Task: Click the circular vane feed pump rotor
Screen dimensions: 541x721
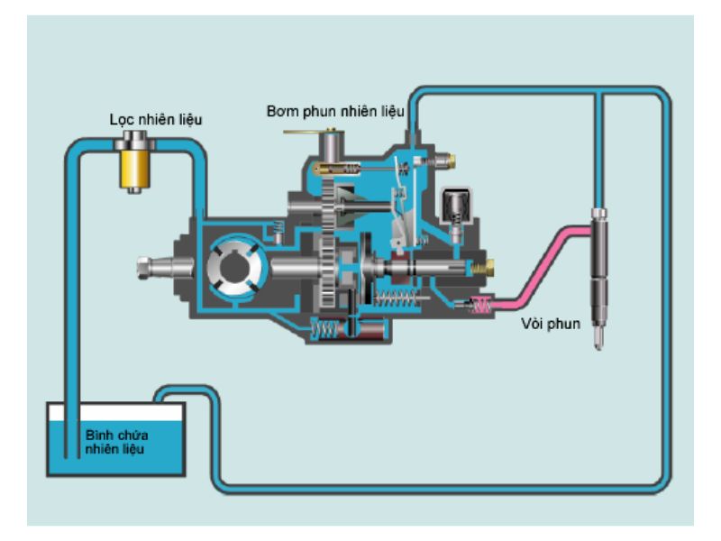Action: tap(234, 264)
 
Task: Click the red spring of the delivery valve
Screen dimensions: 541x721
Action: tap(481, 306)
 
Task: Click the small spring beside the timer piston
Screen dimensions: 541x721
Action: tap(317, 330)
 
